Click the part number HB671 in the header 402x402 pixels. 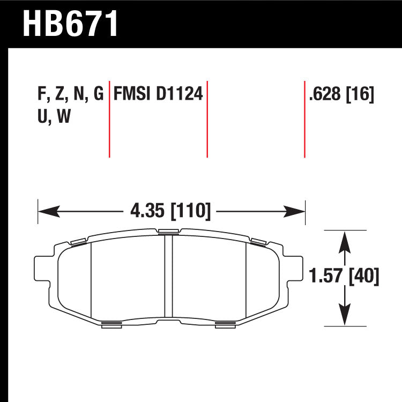click(71, 24)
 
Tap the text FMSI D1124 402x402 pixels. click(158, 94)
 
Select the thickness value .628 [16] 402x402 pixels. click(342, 94)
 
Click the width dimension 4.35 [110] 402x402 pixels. click(170, 211)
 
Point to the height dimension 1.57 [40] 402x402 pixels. click(344, 276)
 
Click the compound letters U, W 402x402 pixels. click(54, 116)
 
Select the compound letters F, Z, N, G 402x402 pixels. click(71, 94)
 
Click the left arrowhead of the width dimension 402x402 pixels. click(49, 212)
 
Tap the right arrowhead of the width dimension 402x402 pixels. click(294, 212)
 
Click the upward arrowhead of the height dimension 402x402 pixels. click(345, 242)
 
